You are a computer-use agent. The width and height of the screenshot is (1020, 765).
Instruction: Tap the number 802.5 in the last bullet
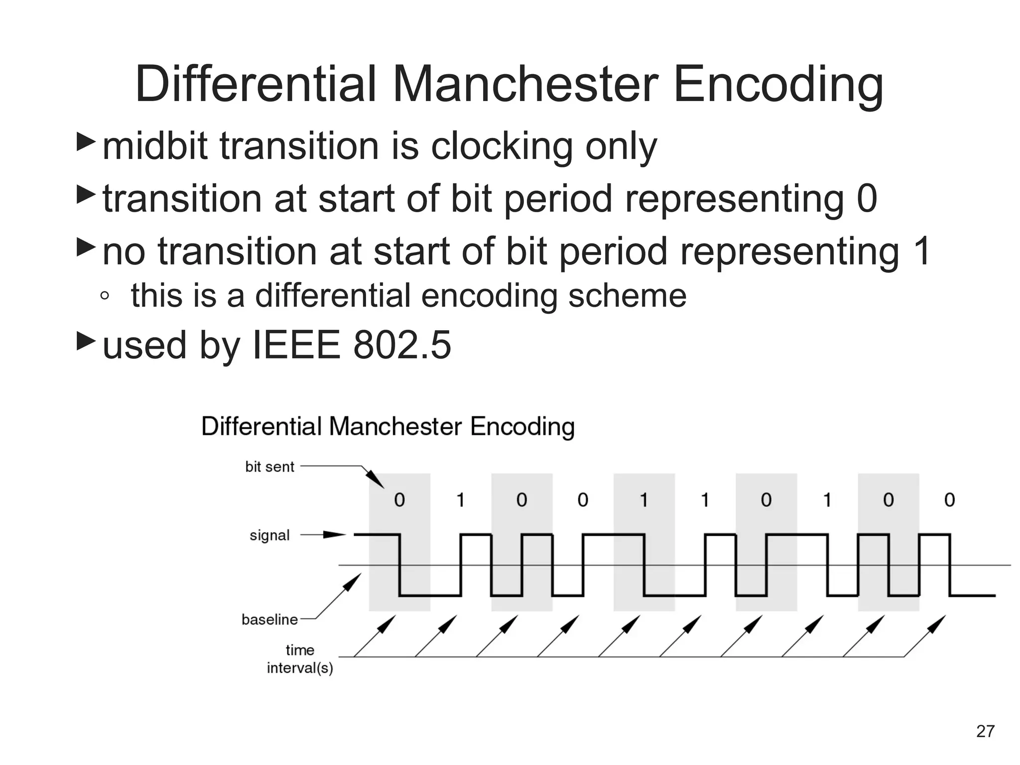[402, 345]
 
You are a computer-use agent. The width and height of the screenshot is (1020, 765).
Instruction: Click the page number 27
[985, 731]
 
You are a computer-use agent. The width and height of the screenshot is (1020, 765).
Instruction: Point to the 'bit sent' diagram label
[269, 467]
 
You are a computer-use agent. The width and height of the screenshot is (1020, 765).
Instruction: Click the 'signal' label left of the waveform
[269, 535]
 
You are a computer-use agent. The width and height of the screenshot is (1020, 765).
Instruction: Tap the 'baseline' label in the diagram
[269, 620]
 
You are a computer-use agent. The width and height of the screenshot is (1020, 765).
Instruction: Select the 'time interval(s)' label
[300, 659]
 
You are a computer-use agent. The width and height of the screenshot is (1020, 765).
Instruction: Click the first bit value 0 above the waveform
[399, 500]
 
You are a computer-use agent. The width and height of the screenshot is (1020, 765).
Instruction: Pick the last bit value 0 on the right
[949, 500]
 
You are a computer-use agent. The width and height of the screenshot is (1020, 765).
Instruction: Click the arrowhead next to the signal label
[334, 535]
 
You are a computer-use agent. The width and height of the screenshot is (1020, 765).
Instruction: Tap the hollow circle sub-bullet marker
[104, 296]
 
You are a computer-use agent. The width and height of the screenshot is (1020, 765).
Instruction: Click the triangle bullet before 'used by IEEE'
[86, 341]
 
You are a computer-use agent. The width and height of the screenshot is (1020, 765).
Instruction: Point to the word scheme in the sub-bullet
[627, 295]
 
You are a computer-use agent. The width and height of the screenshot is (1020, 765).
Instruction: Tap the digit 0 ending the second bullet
[867, 198]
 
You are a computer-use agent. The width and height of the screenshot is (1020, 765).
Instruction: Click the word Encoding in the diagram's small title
[522, 427]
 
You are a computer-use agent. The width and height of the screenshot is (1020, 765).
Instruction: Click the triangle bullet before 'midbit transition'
[86, 142]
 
